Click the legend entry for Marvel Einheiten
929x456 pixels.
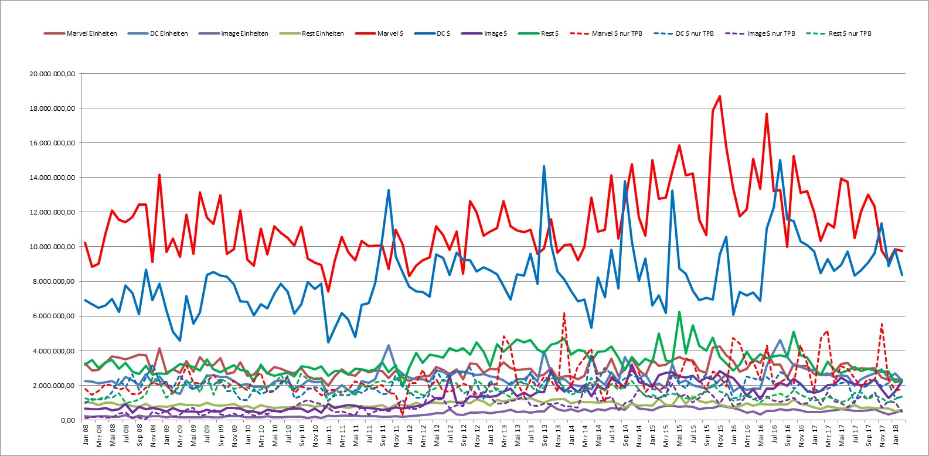click(x=80, y=33)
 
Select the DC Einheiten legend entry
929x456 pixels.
click(x=158, y=33)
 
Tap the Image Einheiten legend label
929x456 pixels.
click(x=233, y=33)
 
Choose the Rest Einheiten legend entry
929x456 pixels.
click(x=311, y=33)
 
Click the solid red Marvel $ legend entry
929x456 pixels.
click(x=379, y=33)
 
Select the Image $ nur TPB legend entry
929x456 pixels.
click(x=760, y=33)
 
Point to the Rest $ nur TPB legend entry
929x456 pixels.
click(x=839, y=33)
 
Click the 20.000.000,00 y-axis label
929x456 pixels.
click(x=52, y=74)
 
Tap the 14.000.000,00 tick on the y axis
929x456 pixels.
click(x=52, y=178)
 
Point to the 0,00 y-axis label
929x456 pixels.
click(x=68, y=420)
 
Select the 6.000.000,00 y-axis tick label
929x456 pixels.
click(x=54, y=316)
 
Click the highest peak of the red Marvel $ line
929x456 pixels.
click(x=720, y=96)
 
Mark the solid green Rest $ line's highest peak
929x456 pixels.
click(x=679, y=312)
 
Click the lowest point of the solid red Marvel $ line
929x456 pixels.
click(x=328, y=291)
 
